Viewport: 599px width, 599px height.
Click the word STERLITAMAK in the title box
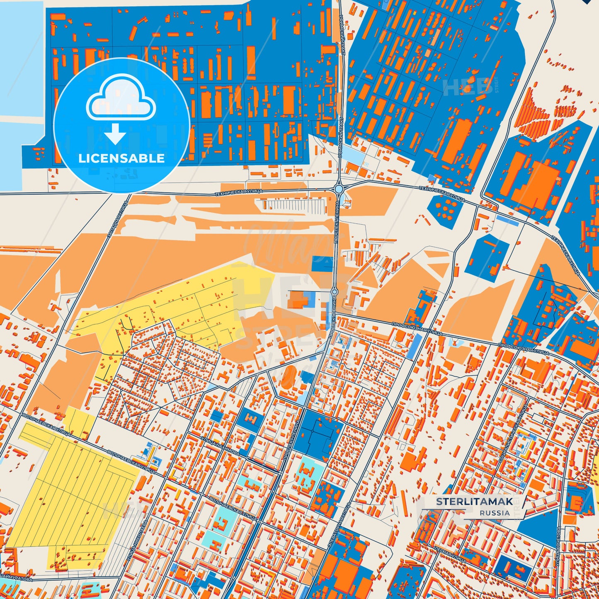(x=474, y=502)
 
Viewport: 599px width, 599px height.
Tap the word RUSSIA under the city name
(x=495, y=513)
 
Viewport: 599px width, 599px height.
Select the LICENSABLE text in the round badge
(x=121, y=158)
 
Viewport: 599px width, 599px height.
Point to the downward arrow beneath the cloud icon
(x=115, y=133)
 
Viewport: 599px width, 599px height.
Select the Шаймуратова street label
(x=17, y=578)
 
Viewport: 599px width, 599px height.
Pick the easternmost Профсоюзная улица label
(x=524, y=349)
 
